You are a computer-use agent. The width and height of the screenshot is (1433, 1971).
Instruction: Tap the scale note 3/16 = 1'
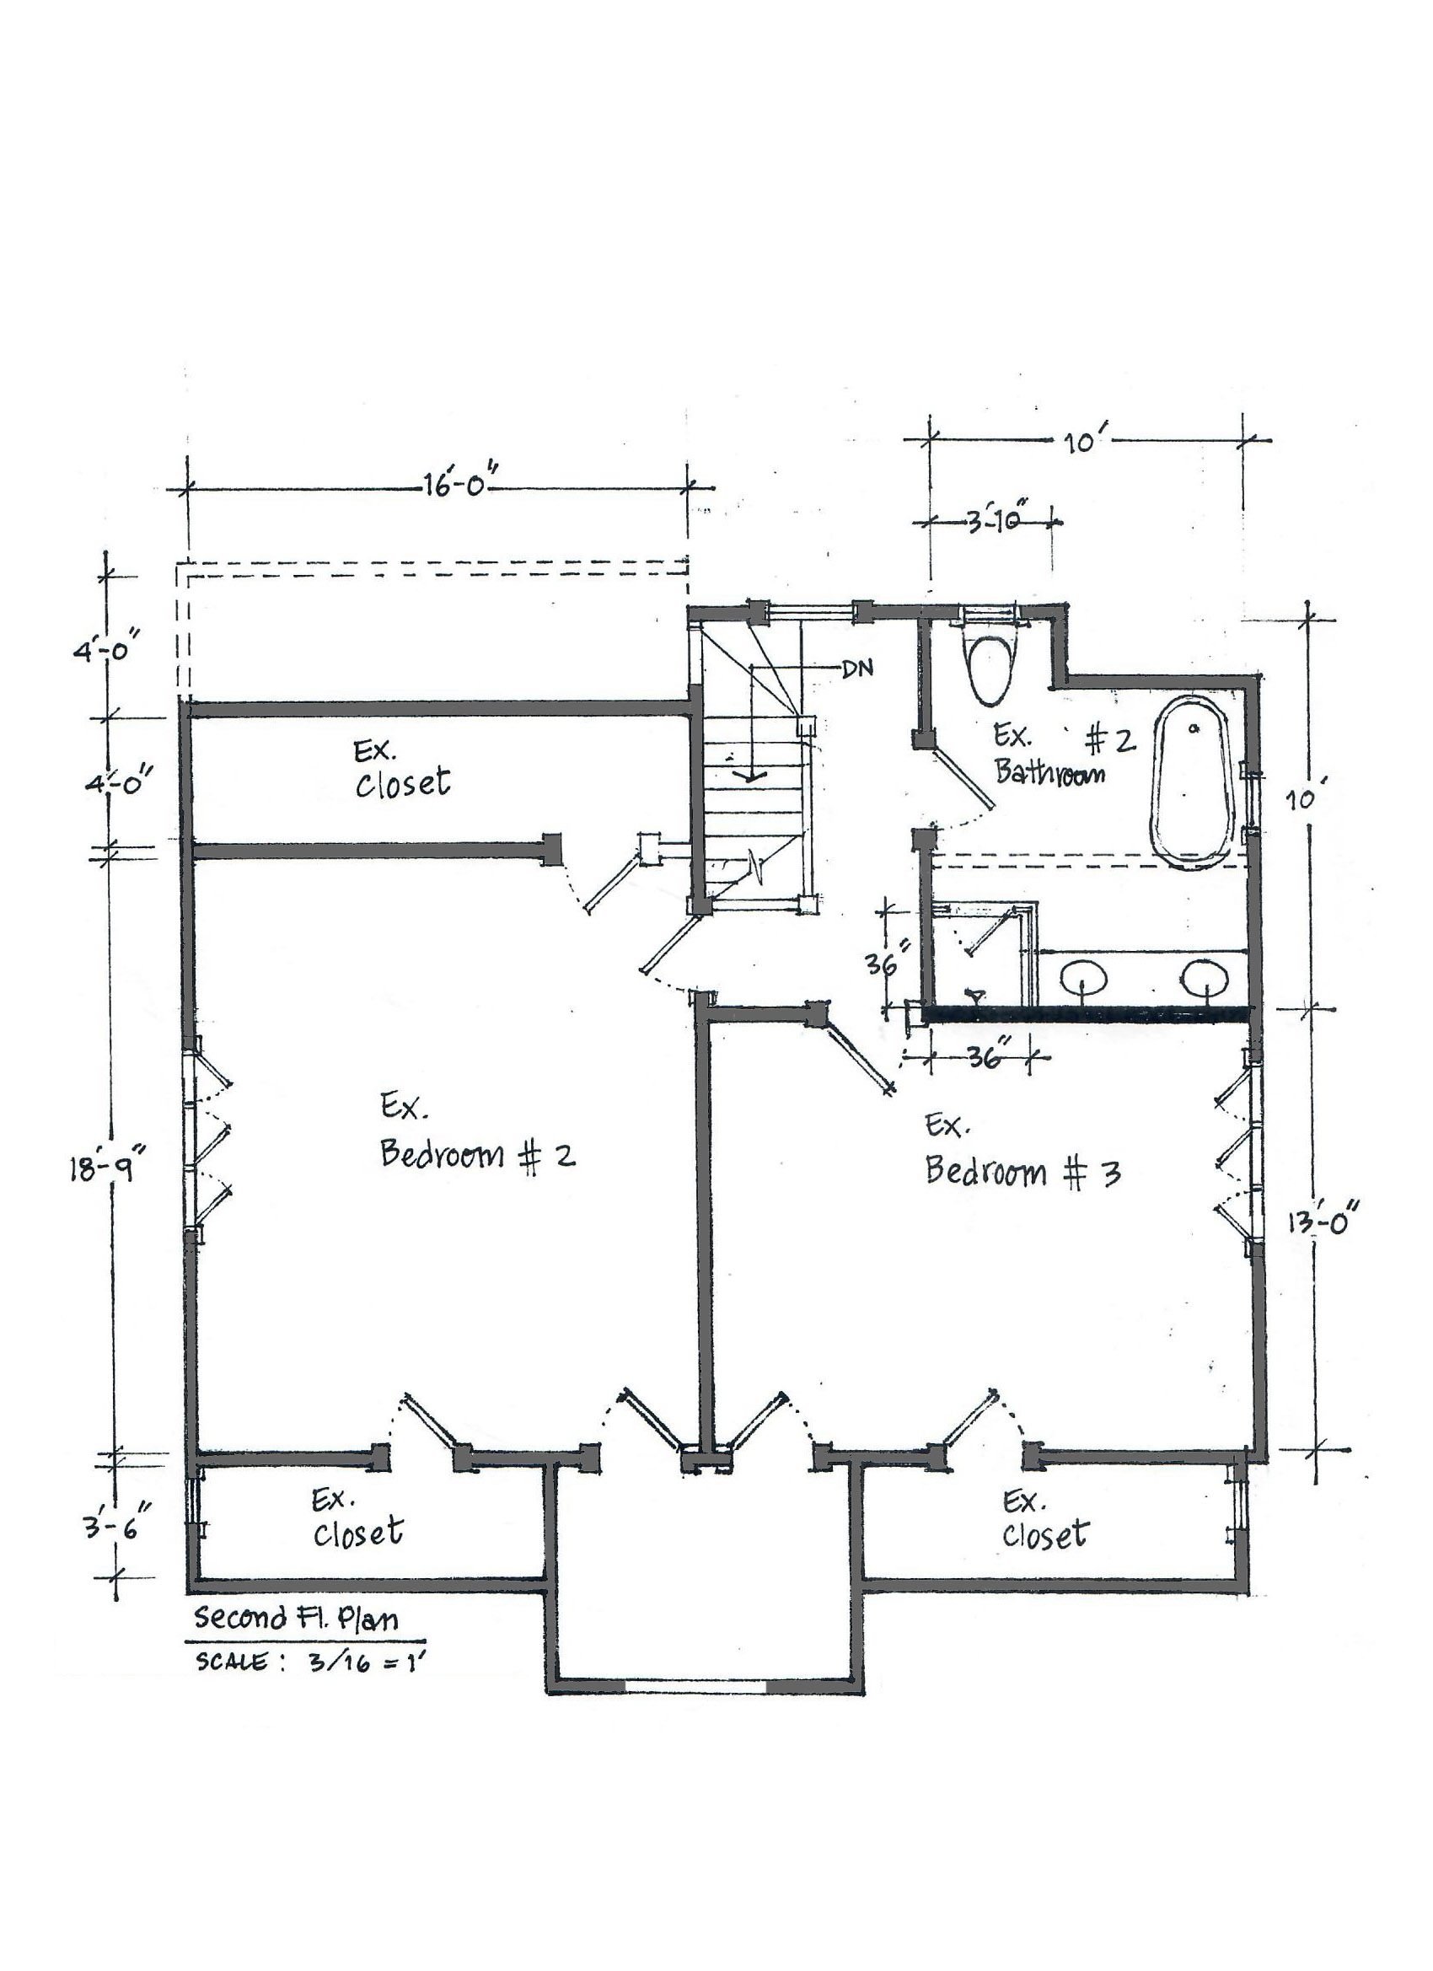[365, 1662]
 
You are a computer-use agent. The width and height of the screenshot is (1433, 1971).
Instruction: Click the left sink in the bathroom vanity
[1084, 978]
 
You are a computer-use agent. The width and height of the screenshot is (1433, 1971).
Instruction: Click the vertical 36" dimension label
[888, 963]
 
